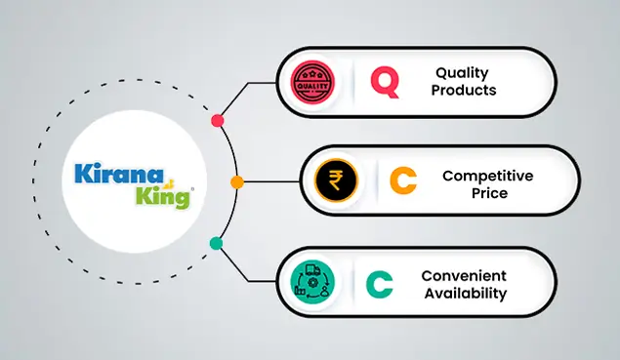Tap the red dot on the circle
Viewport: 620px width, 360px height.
click(x=217, y=121)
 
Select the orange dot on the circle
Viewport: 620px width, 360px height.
click(x=236, y=182)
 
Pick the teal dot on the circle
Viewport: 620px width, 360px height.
click(x=216, y=243)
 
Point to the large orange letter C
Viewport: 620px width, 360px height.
click(x=403, y=180)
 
